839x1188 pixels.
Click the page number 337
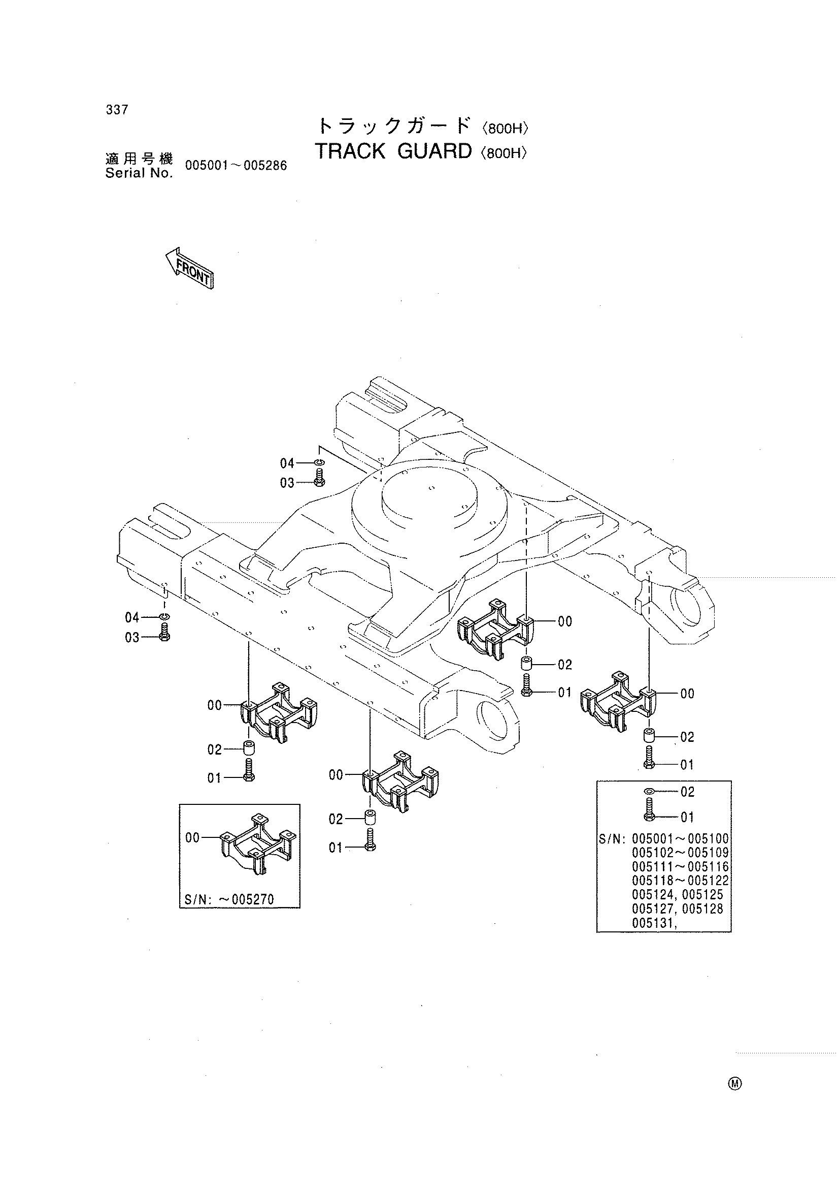(x=117, y=110)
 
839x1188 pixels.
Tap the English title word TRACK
(x=351, y=151)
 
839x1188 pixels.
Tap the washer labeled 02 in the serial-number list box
(x=649, y=792)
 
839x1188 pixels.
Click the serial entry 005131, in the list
(x=654, y=923)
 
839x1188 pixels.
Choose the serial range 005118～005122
(x=680, y=881)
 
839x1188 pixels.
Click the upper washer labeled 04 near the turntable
(x=319, y=462)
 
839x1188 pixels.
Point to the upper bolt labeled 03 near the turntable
(x=319, y=478)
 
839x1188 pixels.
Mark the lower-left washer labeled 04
(x=164, y=617)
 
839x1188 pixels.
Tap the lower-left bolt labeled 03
(x=164, y=632)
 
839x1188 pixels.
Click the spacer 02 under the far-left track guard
(x=249, y=747)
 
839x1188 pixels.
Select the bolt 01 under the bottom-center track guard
(x=370, y=840)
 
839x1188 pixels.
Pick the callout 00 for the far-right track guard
(x=688, y=694)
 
